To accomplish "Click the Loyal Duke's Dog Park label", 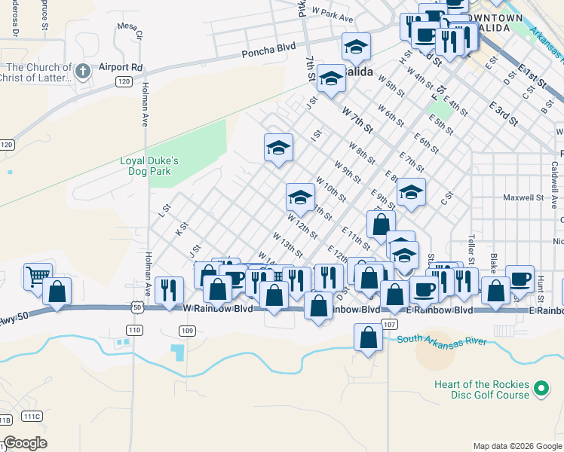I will (x=150, y=166).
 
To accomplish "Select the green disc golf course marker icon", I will (x=540, y=389).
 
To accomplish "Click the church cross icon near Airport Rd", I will (x=83, y=72).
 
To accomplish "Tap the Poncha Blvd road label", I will (x=268, y=53).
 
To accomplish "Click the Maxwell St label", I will (x=523, y=198).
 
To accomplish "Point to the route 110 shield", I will (x=134, y=330).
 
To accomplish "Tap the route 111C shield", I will (x=32, y=416).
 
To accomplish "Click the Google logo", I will (x=25, y=443).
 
